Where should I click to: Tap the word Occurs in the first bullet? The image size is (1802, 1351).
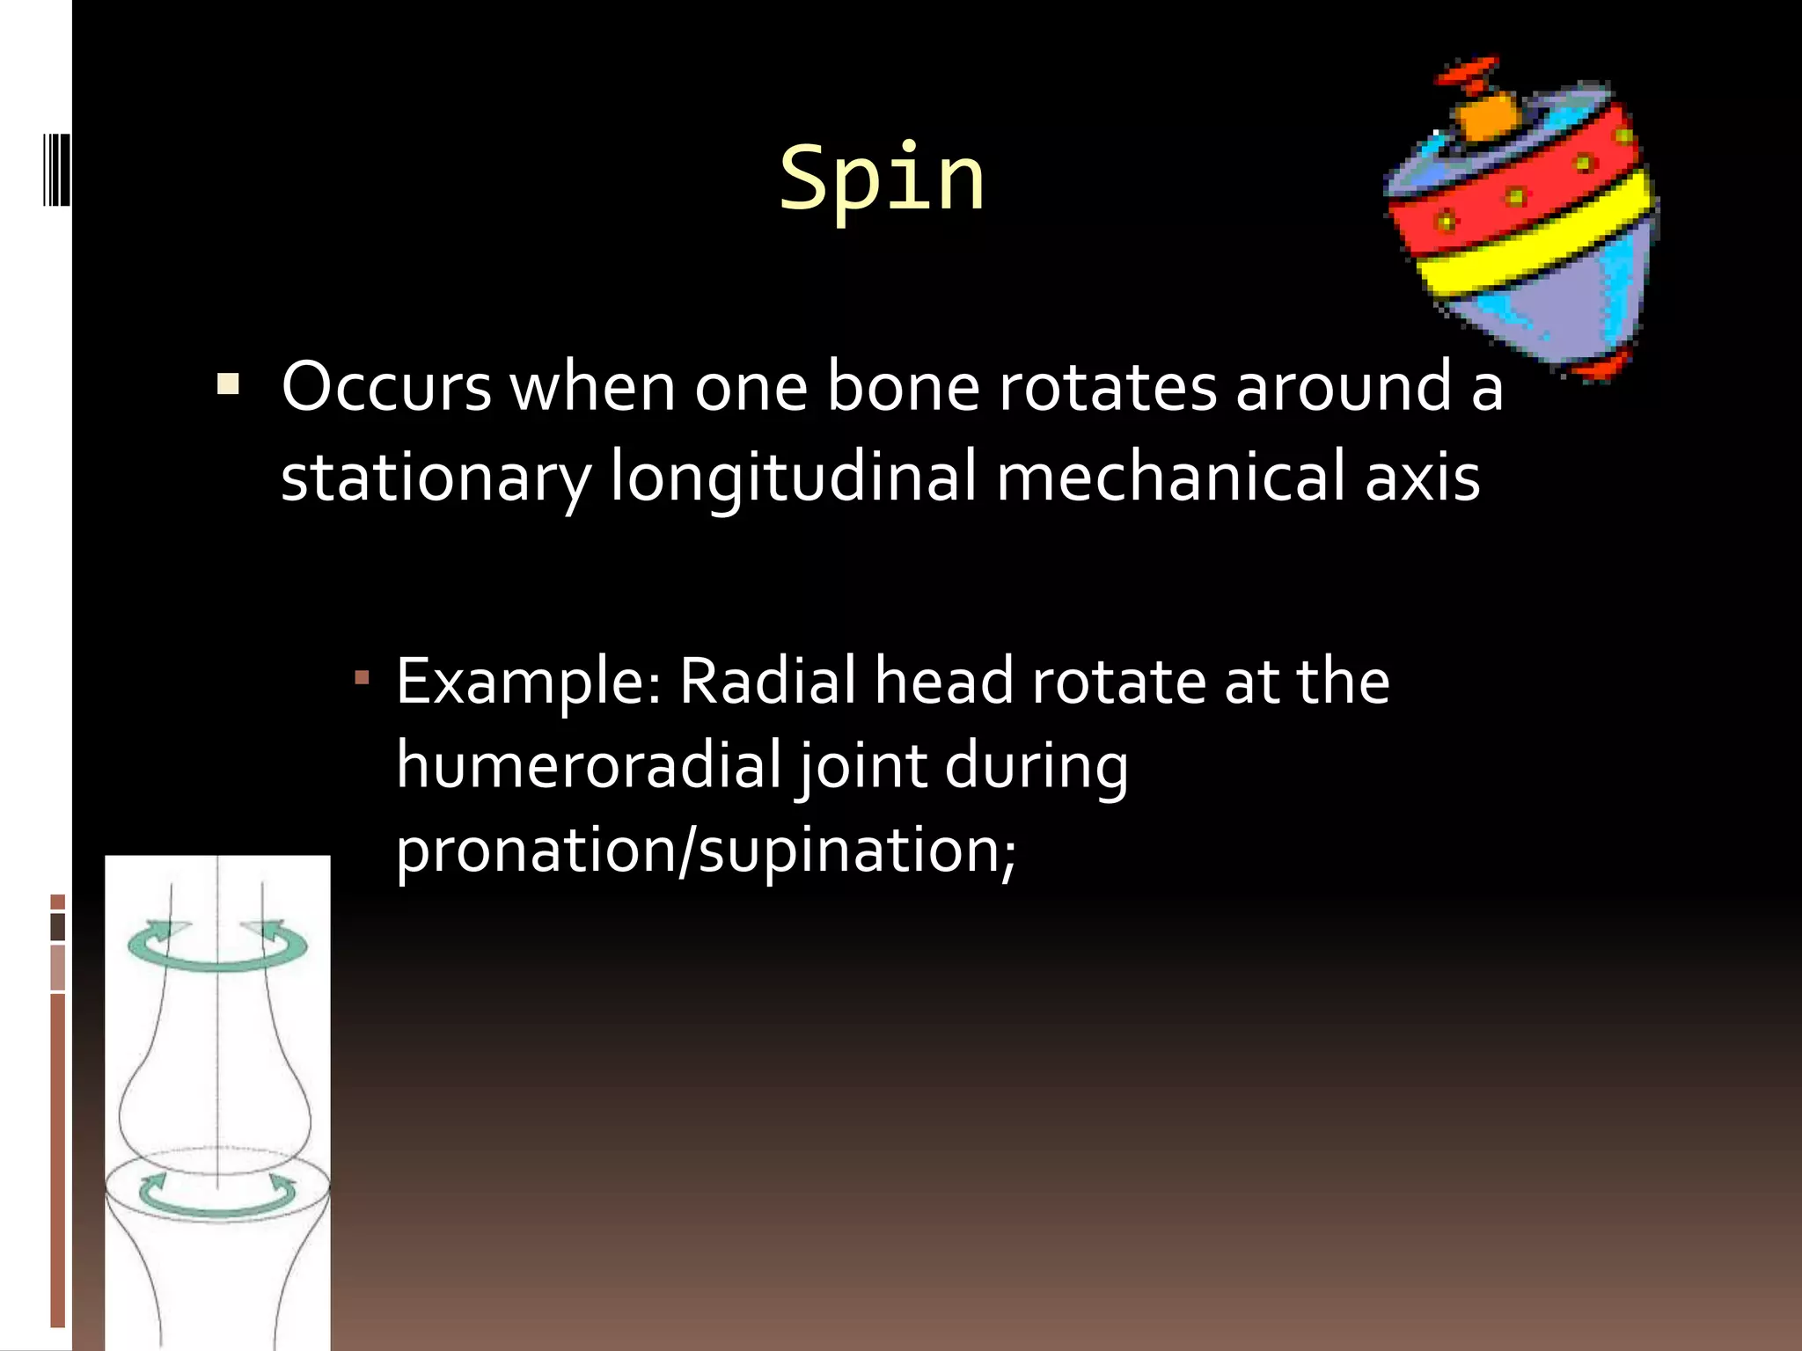385,387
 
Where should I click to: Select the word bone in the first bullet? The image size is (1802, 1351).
902,387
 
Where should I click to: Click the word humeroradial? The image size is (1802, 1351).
588,765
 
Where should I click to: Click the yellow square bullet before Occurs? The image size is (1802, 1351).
228,385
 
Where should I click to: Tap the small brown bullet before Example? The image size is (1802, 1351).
362,679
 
